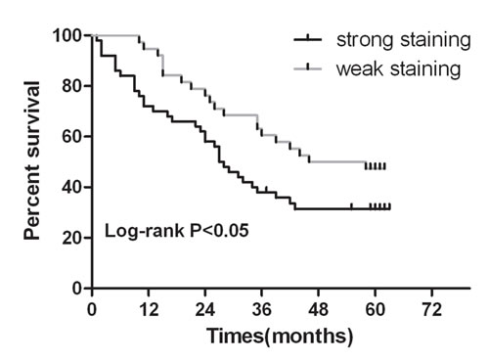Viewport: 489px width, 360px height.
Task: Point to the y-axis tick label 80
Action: tap(71, 86)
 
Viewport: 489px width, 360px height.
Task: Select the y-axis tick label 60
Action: tap(71, 137)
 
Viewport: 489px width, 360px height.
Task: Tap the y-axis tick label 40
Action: tap(71, 187)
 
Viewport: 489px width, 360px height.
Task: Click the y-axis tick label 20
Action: tap(71, 238)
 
